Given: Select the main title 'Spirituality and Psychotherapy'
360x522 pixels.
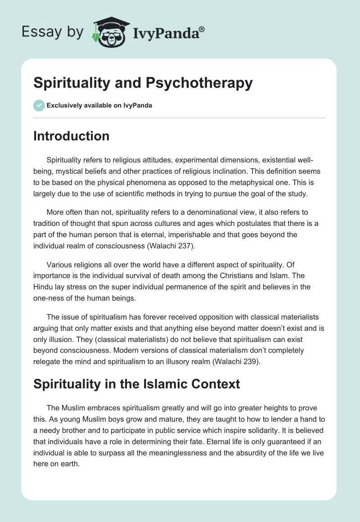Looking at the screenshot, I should point(143,83).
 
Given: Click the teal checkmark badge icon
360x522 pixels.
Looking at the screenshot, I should point(39,105).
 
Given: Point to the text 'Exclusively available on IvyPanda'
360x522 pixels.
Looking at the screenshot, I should point(99,106).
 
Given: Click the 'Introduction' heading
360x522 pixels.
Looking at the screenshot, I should point(71,136).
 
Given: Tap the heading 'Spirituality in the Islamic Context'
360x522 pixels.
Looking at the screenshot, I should point(137,384).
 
